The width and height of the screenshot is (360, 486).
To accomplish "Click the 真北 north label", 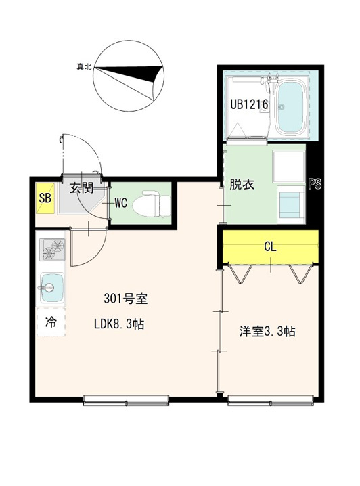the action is pos(84,66).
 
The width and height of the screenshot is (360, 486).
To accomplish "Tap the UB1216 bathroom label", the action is pos(249,104).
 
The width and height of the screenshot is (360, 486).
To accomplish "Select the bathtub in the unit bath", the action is pos(290,106).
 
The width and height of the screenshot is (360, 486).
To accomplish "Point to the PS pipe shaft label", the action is pos(315,184).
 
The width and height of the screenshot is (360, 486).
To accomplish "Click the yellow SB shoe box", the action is pos(45,198).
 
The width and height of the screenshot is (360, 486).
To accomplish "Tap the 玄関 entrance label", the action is pos(81,187).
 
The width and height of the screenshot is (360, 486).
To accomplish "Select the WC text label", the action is pos(121,203).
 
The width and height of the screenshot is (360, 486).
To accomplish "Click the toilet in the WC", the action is pos(152,203).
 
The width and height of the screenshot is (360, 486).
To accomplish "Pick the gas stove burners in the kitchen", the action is pos(52,250).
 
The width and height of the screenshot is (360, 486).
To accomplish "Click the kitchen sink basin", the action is pos(52,288).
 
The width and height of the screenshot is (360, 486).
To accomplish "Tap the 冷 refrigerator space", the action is pos(51,322).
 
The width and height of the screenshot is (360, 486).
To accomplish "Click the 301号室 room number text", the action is pos(125,299).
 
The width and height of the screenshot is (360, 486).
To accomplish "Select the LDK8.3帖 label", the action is pos(119,324).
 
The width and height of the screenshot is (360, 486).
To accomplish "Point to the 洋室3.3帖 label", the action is pos(267,332).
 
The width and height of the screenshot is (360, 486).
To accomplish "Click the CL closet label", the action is pos(270,246).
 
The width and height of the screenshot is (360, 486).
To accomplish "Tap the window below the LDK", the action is pos(127,401).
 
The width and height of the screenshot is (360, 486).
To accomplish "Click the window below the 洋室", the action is pos(271,401).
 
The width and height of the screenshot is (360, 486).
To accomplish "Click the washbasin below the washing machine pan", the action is pos(291,204).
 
